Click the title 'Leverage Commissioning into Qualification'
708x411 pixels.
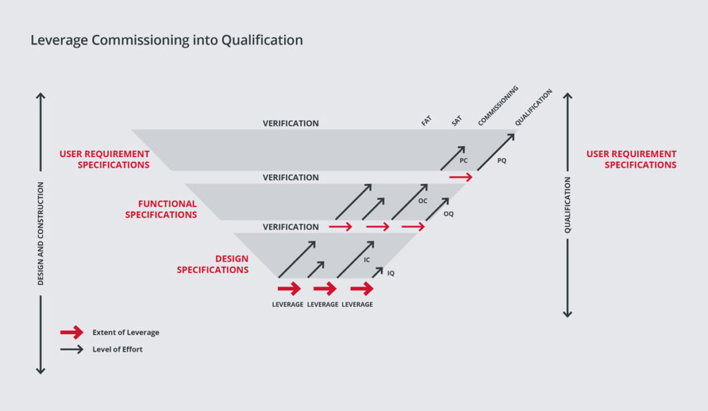[x=167, y=40]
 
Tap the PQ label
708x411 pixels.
[x=502, y=160]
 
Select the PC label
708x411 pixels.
[x=464, y=160]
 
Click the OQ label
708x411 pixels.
[x=449, y=214]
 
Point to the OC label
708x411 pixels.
[x=422, y=201]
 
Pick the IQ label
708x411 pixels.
[x=391, y=273]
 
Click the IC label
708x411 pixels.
[x=367, y=259]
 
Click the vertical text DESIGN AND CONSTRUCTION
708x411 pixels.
[x=41, y=234]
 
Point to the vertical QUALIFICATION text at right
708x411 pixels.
[x=568, y=205]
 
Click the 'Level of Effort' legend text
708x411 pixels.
[x=118, y=349]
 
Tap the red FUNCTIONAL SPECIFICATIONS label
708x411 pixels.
[x=161, y=209]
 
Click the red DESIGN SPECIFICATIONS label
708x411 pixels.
[x=213, y=264]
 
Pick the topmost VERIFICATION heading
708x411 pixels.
[x=290, y=123]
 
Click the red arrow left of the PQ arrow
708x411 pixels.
[x=460, y=177]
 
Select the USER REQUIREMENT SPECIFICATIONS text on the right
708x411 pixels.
[x=631, y=159]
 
